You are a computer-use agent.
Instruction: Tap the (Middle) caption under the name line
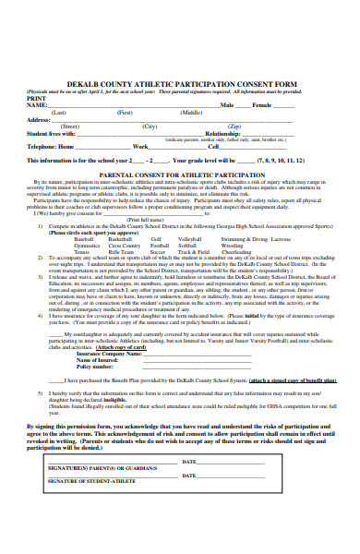coord(192,112)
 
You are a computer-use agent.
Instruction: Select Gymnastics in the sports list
coord(89,246)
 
